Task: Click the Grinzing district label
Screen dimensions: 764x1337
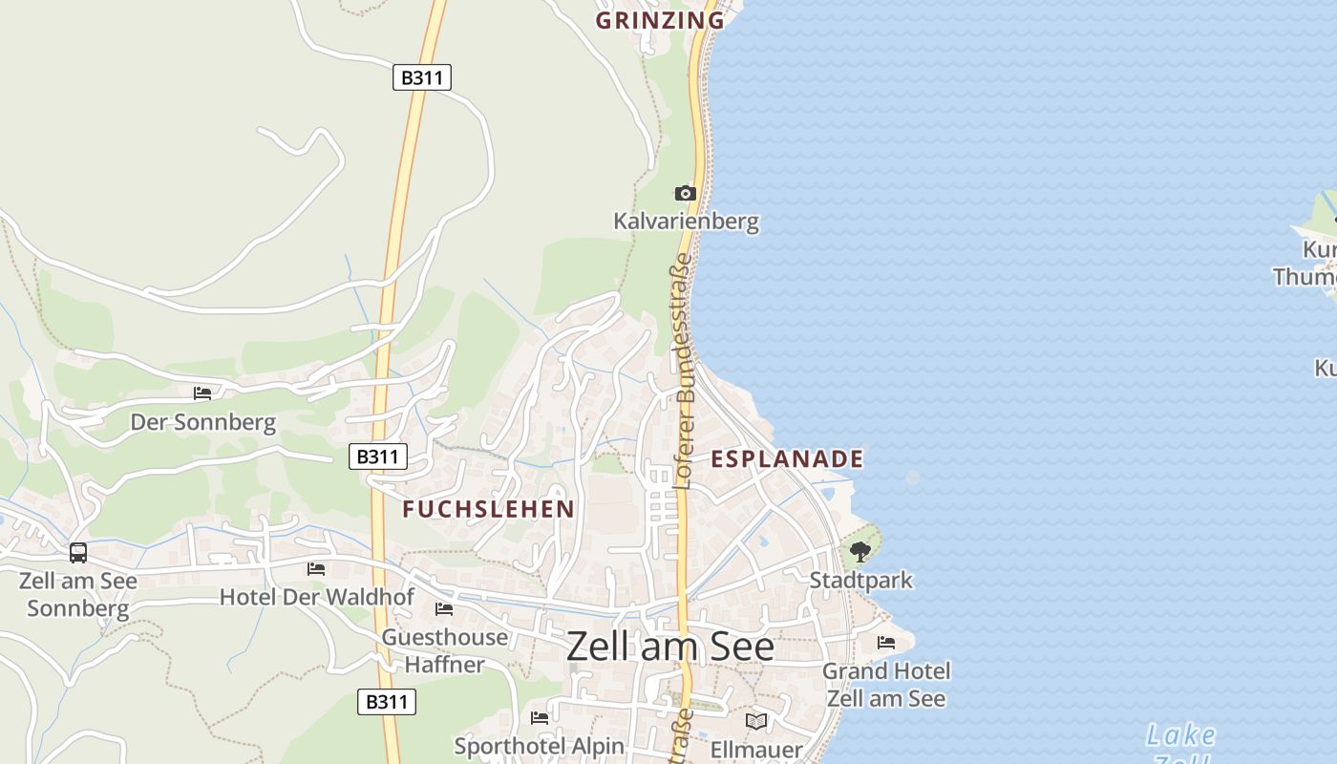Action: click(x=660, y=20)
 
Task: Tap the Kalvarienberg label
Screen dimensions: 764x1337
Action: click(x=686, y=222)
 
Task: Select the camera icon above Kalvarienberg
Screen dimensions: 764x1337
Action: click(x=685, y=194)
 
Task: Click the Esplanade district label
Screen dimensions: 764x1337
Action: click(x=787, y=459)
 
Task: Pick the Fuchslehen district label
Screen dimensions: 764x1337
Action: click(x=488, y=509)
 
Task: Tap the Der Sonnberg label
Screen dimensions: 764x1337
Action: click(x=202, y=422)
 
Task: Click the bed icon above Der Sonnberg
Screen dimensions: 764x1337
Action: click(x=202, y=393)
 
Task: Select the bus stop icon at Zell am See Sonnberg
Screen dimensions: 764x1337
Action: click(x=78, y=552)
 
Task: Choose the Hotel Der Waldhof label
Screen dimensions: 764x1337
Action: click(x=317, y=598)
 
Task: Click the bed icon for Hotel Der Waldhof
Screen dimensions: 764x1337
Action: click(x=316, y=569)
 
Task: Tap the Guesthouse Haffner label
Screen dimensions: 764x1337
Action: click(x=445, y=650)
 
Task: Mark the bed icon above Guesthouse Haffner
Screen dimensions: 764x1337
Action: click(x=444, y=608)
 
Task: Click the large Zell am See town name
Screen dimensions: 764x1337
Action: click(x=670, y=647)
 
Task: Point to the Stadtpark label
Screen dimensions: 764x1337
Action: click(x=860, y=580)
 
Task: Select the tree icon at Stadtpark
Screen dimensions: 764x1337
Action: click(x=860, y=551)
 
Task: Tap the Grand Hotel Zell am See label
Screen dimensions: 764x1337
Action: click(x=886, y=685)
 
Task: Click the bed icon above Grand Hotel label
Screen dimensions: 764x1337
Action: click(x=886, y=643)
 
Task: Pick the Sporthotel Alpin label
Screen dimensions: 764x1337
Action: click(x=539, y=746)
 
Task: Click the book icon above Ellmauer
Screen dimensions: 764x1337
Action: click(x=756, y=721)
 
